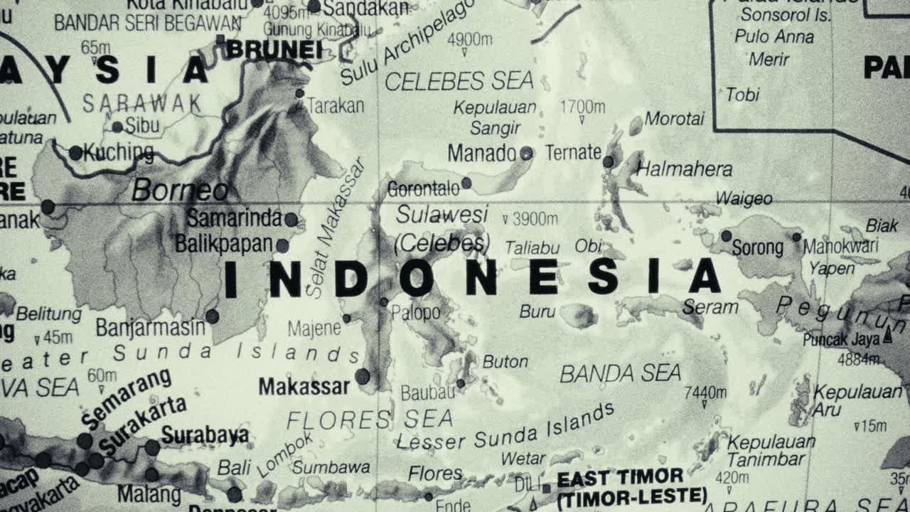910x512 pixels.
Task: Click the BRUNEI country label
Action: [274, 50]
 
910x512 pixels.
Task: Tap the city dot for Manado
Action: [526, 153]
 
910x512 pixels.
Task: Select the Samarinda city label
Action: [235, 218]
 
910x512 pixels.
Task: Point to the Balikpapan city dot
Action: [282, 245]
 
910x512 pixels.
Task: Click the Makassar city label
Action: [304, 386]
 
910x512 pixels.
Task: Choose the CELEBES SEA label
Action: [459, 82]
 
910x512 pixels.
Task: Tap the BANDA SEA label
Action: [620, 373]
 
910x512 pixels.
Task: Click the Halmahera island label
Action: [685, 169]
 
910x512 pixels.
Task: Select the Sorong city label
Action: [758, 248]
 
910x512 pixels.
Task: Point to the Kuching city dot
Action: [75, 152]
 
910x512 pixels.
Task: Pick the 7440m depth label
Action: [705, 393]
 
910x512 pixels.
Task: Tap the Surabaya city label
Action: [205, 434]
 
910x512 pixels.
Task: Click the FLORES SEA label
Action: [370, 420]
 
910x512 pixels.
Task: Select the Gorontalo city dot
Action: [466, 183]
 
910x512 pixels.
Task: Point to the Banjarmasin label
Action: [151, 328]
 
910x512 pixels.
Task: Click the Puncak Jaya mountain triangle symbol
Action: [887, 337]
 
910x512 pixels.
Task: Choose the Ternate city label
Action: [573, 152]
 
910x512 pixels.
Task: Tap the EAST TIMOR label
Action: [620, 477]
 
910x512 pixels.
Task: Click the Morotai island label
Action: [675, 118]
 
